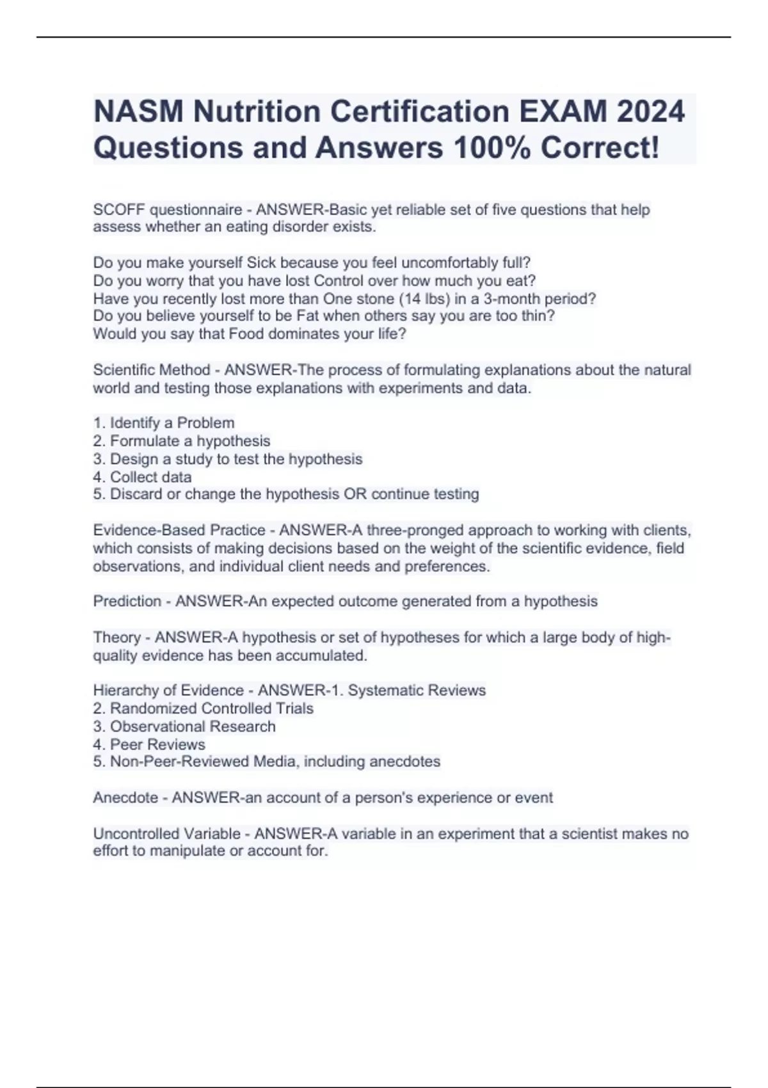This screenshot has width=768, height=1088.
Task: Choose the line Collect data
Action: pos(150,477)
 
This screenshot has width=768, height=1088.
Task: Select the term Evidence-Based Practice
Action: pos(179,531)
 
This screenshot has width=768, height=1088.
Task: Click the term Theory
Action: pos(117,637)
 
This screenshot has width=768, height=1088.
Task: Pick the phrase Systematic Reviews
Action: pos(417,691)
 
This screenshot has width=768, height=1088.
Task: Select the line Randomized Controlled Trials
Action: pos(211,708)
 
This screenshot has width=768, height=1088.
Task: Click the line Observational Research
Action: pos(193,726)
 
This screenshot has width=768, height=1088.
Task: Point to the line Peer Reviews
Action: pos(157,744)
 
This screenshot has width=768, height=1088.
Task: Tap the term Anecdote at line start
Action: pos(125,798)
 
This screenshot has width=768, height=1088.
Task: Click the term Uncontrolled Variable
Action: pos(166,834)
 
